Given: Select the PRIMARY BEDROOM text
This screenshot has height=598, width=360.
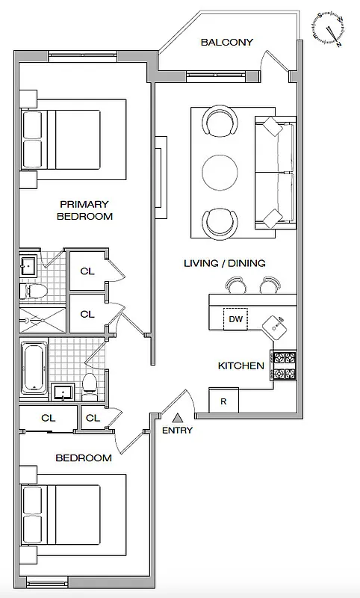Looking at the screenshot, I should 84,210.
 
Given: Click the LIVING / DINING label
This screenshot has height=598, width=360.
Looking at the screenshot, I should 224,263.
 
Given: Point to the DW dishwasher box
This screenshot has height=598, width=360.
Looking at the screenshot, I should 236,319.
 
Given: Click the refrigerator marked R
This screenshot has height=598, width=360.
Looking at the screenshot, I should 223,401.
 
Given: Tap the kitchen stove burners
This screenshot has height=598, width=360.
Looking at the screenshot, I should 284,366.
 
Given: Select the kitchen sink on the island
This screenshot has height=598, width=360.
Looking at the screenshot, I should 279,324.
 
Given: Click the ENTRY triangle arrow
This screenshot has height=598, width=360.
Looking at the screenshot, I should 177,418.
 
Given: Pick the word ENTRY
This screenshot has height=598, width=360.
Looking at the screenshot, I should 177,430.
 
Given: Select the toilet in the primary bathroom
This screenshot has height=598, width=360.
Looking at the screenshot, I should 34,290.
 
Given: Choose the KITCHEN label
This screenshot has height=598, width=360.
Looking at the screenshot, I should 240,366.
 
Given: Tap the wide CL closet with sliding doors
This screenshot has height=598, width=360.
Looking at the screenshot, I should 47,418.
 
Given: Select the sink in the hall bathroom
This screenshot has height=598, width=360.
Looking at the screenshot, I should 63,391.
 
